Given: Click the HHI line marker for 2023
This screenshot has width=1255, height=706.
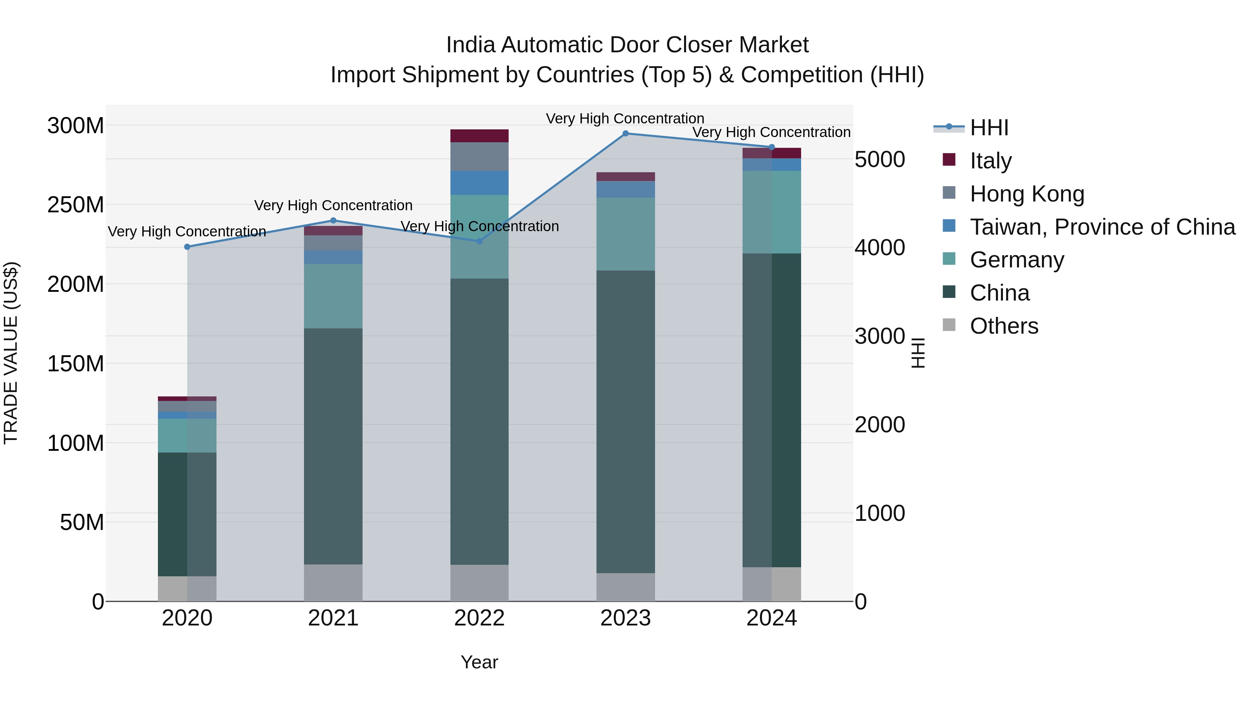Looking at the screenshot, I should (625, 134).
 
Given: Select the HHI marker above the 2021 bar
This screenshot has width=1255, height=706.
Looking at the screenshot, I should (333, 221).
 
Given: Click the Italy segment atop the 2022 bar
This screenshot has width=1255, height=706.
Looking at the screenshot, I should (479, 136).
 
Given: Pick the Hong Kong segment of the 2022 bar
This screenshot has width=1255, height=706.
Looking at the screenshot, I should (479, 157).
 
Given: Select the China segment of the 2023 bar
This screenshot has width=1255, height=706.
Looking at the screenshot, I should (625, 422).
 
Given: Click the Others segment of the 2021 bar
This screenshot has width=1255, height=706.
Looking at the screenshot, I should (333, 583).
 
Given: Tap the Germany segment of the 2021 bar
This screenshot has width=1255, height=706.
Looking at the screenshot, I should (333, 296).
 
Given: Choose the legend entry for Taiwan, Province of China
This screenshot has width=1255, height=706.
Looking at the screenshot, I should (1102, 227).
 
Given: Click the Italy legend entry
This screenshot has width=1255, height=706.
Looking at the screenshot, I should (990, 161).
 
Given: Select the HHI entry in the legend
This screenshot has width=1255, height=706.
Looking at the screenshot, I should (989, 128).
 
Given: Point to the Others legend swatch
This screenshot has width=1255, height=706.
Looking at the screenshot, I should (949, 325).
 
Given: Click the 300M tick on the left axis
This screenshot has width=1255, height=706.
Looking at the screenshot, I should (76, 126).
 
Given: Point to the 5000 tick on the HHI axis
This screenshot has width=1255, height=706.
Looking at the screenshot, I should (880, 160).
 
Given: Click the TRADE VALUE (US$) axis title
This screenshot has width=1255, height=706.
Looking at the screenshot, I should (11, 353).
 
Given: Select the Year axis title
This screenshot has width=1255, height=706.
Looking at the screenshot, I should (479, 662).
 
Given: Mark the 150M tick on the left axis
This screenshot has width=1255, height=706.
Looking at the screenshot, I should (76, 364).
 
